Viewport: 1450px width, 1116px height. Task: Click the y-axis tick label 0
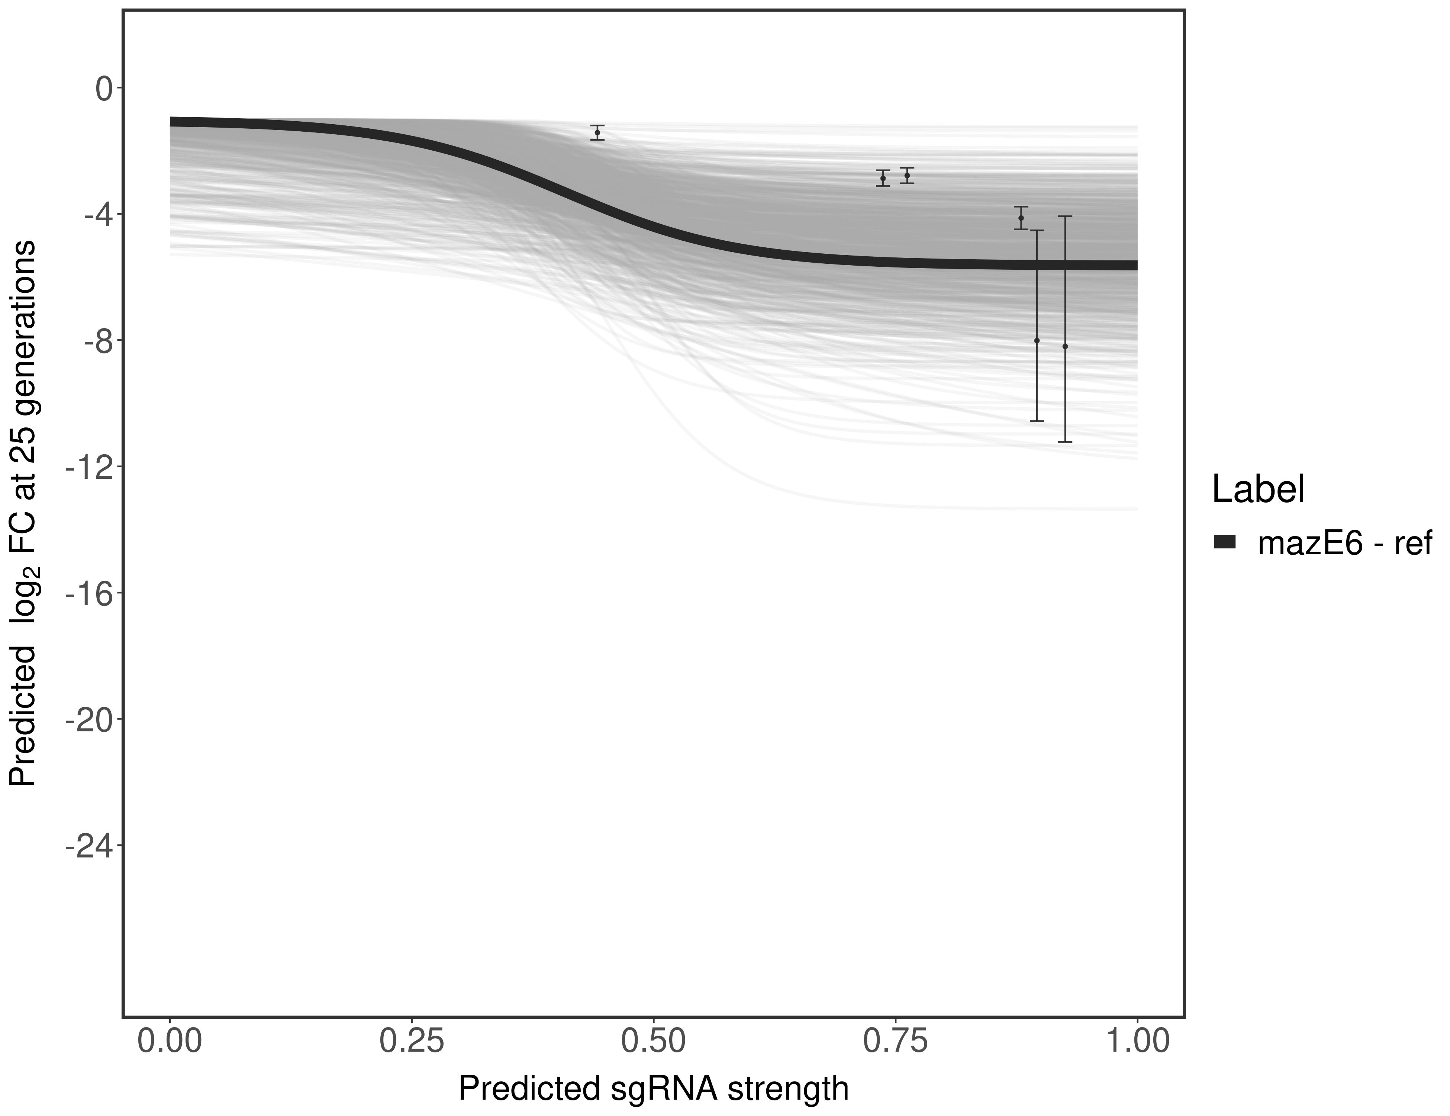[103, 89]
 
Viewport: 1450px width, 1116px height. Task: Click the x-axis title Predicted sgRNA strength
[653, 1090]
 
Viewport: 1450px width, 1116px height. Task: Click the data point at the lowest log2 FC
[1065, 346]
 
